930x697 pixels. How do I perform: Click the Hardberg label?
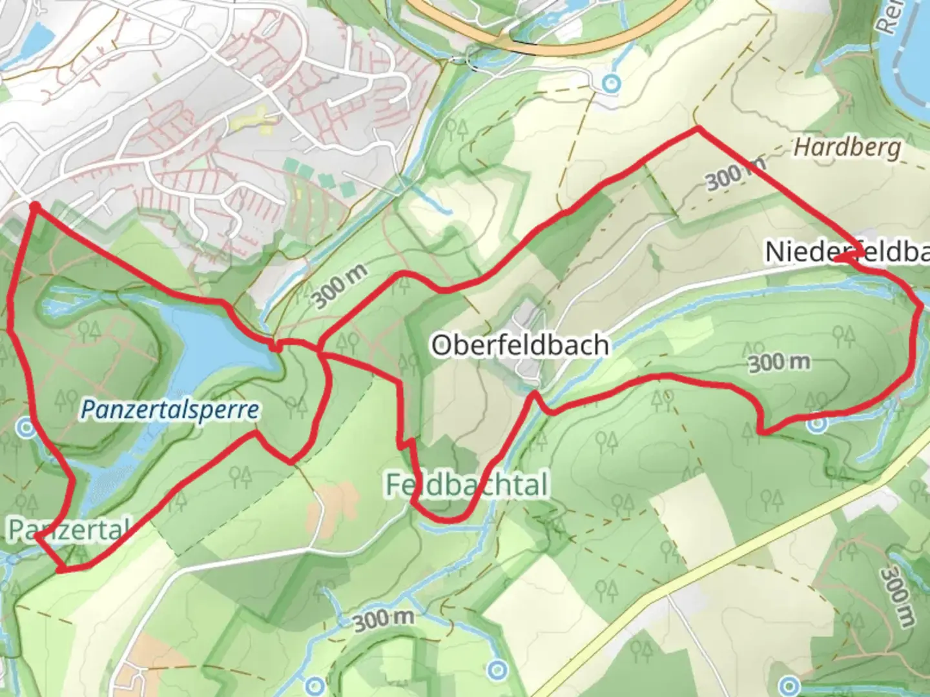point(847,148)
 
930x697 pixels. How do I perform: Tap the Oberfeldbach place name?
point(520,345)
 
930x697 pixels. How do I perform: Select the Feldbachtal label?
point(467,485)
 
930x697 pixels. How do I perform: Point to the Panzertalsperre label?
point(170,409)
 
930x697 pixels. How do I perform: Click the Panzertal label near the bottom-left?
point(68,529)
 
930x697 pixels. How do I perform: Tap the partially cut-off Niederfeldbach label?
point(846,252)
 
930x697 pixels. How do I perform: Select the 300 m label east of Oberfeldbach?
point(779,363)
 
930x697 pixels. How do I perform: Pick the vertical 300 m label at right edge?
point(898,597)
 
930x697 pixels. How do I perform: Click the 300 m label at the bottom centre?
point(383,620)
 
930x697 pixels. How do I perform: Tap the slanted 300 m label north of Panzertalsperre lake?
point(340,286)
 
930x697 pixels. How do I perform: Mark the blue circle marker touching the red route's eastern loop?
point(817,424)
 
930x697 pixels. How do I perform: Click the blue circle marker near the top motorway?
point(610,83)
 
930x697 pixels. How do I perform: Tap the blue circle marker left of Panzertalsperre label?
point(26,427)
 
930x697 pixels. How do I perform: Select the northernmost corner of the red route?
point(697,130)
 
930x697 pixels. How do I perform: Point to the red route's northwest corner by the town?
point(34,206)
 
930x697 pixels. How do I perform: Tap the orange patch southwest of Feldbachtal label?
point(332,503)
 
